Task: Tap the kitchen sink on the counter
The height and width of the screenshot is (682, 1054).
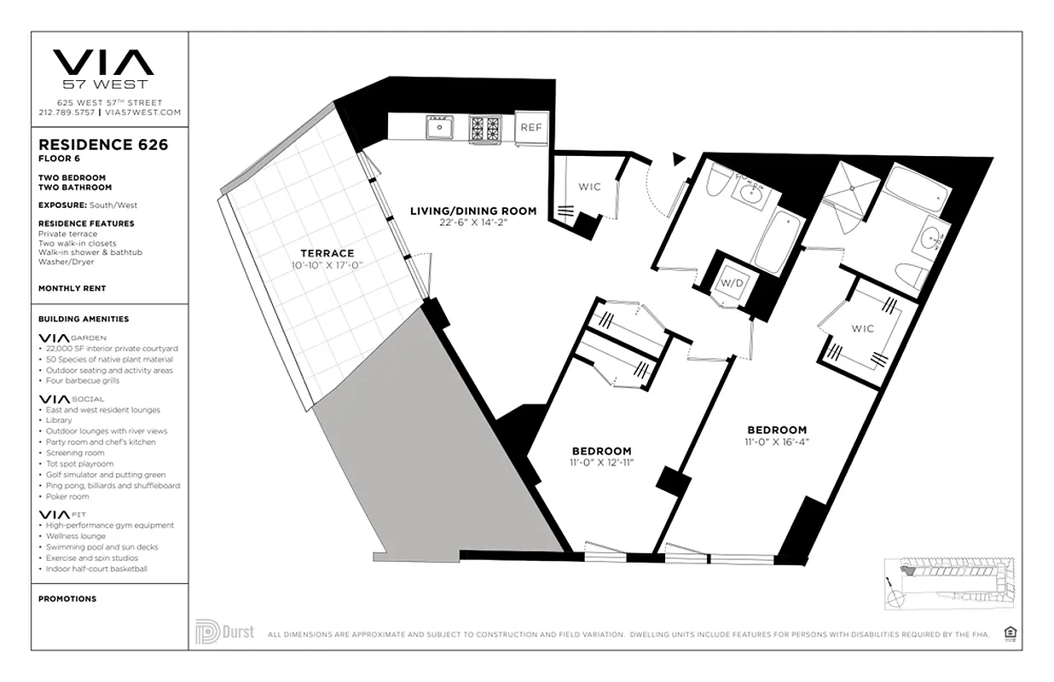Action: tap(441, 128)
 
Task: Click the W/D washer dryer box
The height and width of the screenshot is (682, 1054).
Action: tap(729, 283)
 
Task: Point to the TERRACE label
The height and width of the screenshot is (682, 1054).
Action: tap(327, 253)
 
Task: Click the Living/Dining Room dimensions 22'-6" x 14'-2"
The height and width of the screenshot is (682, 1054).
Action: tap(473, 223)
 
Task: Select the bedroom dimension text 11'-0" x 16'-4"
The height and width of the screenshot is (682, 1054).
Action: tap(777, 442)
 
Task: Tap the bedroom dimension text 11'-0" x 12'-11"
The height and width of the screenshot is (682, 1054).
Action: tap(601, 463)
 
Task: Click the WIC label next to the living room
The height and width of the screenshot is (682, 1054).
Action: tap(589, 187)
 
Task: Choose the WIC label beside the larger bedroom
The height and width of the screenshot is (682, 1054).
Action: tap(862, 328)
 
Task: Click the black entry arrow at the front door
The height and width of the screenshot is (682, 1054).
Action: tap(679, 158)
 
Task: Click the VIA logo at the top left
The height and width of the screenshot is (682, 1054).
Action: tap(103, 64)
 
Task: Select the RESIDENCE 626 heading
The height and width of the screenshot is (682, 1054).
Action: tap(103, 145)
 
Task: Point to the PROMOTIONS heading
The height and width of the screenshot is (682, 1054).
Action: tap(67, 598)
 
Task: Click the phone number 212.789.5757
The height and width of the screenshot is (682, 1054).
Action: tap(67, 112)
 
